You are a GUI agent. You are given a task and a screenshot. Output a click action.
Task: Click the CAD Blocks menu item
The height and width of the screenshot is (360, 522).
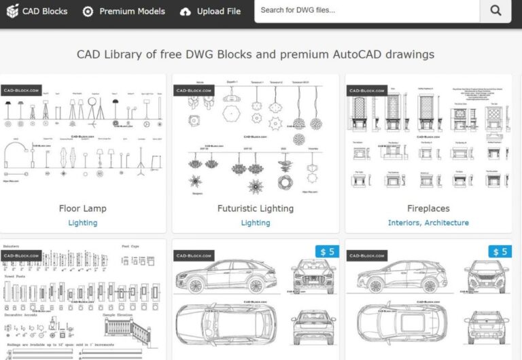coord(45,11)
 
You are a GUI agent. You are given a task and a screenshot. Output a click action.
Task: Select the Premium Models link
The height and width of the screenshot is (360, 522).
coord(132,11)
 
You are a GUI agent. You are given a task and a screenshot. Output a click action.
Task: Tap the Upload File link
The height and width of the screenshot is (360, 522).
coord(218,11)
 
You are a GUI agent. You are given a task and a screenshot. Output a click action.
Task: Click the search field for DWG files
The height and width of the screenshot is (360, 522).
coord(367,11)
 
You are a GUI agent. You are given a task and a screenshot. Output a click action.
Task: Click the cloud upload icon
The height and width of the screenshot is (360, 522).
coord(186,12)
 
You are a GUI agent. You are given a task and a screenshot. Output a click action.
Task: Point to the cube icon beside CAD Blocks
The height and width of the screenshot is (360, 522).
coord(12,11)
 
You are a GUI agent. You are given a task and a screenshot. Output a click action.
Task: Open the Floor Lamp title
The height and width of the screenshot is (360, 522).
coord(83,209)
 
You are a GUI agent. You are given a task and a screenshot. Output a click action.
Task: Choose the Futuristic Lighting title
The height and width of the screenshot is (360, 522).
coord(256,209)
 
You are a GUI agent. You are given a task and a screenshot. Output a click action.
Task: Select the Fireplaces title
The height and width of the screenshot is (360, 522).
coord(428,209)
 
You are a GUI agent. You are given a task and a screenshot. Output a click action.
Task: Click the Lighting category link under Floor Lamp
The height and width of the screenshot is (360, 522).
coord(83,223)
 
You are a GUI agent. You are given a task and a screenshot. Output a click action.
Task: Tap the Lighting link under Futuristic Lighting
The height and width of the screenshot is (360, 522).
coord(256,223)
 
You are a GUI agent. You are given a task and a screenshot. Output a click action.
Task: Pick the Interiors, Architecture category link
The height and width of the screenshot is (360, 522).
coord(428,223)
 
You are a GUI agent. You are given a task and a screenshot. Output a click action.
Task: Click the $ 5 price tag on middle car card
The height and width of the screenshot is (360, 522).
coord(328,252)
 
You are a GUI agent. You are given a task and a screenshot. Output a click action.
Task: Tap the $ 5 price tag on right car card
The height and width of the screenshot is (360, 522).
coord(500,252)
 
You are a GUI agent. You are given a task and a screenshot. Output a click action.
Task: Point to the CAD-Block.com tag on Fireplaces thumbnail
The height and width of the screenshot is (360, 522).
coord(366,90)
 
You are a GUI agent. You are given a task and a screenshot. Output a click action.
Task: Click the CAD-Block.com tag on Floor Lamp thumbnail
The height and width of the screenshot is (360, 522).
coord(21,90)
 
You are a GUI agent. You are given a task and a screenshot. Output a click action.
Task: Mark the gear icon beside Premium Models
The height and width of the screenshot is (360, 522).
coord(88,12)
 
